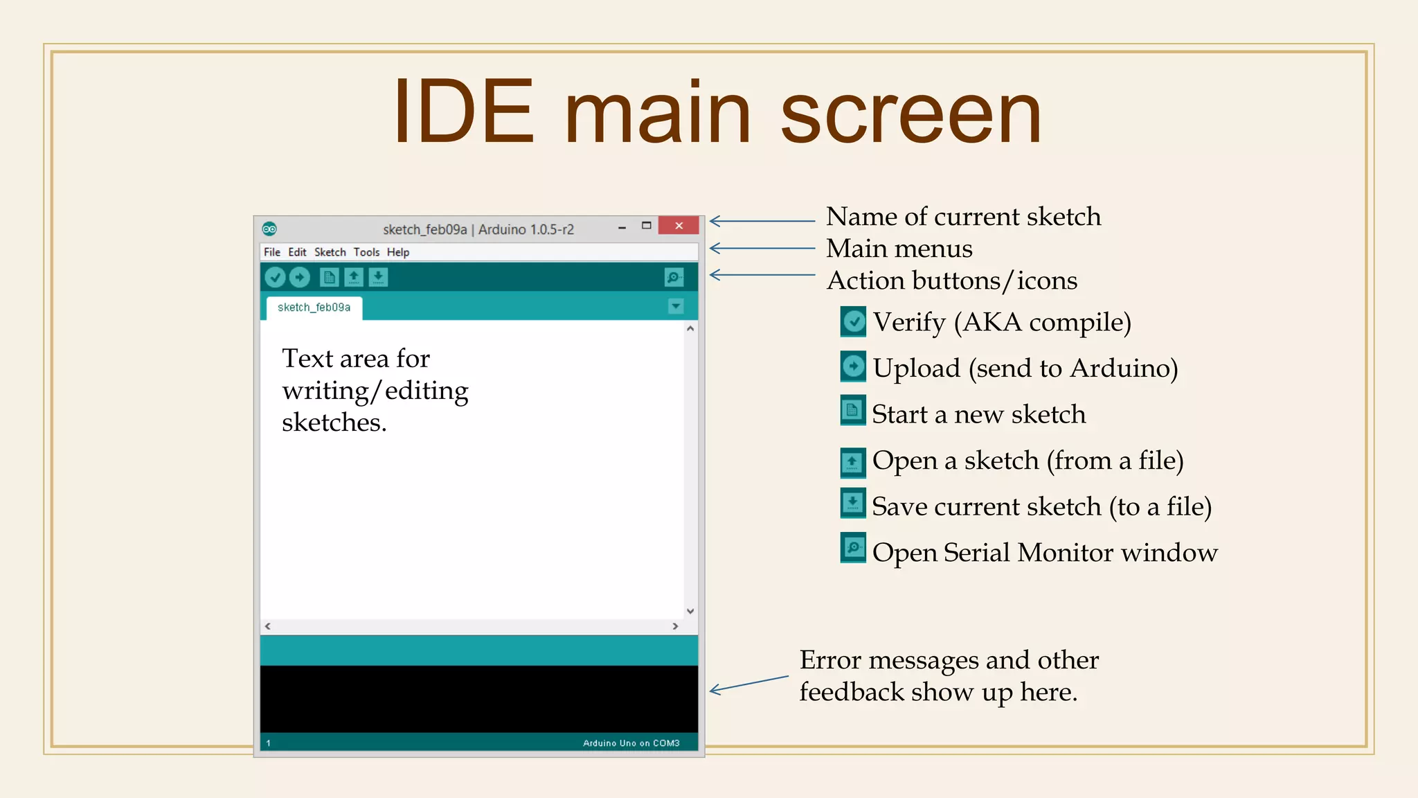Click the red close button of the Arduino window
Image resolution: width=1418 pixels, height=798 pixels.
[x=679, y=226]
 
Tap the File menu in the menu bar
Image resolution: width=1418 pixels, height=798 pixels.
[x=271, y=252]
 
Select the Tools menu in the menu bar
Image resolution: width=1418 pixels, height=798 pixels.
[x=366, y=252]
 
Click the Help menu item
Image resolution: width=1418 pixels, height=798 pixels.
[x=398, y=252]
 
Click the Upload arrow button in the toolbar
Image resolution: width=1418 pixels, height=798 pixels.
[x=299, y=278]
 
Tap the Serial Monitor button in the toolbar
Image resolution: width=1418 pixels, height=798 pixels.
[x=674, y=278]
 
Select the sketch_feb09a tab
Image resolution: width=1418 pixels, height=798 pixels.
[x=314, y=308]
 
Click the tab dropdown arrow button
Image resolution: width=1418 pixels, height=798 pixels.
[x=676, y=306]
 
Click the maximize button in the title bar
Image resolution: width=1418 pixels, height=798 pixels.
[x=646, y=226]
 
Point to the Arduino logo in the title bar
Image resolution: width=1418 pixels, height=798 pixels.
[x=269, y=229]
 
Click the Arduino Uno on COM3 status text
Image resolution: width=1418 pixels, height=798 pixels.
[x=631, y=743]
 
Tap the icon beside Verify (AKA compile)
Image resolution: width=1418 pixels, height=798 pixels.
[x=853, y=321]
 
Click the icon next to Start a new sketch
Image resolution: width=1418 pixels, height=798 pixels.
[x=853, y=411]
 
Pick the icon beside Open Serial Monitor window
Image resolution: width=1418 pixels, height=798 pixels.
[x=853, y=548]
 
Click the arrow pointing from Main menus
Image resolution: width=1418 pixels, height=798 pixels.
[x=762, y=248]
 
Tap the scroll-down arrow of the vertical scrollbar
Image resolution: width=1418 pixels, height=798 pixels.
[x=690, y=611]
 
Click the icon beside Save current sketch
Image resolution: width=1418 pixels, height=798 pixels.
[x=853, y=503]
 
